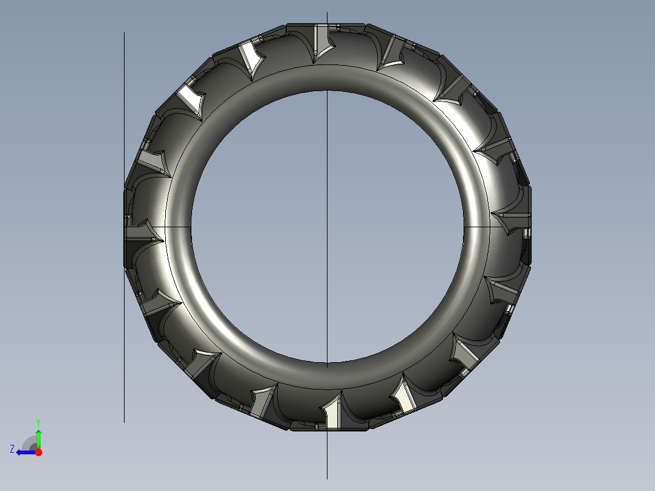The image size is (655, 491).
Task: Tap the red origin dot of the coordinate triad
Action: (38, 452)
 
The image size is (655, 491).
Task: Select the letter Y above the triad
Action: (38, 422)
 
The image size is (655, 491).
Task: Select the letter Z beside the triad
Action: (12, 449)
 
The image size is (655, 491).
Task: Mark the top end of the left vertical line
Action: (125, 33)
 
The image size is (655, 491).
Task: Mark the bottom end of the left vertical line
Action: (125, 422)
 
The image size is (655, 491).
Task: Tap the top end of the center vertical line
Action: (327, 13)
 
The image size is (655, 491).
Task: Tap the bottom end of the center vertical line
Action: (327, 479)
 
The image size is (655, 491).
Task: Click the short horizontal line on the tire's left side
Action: (176, 226)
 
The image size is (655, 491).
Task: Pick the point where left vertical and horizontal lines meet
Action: (125, 226)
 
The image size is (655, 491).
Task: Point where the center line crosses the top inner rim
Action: (327, 91)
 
